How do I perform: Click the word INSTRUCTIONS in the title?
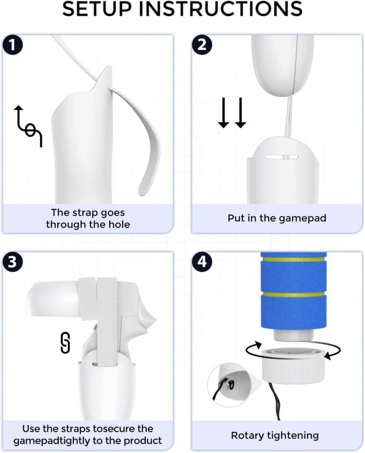pyautogui.click(x=221, y=9)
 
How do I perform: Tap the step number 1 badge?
pyautogui.click(x=13, y=45)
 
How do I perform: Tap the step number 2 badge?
pyautogui.click(x=202, y=45)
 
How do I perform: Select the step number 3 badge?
pyautogui.click(x=13, y=262)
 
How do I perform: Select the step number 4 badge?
pyautogui.click(x=202, y=262)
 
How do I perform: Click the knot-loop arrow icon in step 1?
pyautogui.click(x=28, y=126)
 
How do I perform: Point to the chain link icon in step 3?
pyautogui.click(x=66, y=343)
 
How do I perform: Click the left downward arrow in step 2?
pyautogui.click(x=223, y=113)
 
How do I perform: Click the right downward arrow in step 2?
pyautogui.click(x=240, y=113)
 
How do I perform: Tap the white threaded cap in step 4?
pyautogui.click(x=294, y=365)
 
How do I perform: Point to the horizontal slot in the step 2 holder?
pyautogui.click(x=282, y=157)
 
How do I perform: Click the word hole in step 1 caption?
pyautogui.click(x=119, y=224)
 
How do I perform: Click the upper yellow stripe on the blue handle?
pyautogui.click(x=294, y=259)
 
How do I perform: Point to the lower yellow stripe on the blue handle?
pyautogui.click(x=294, y=294)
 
